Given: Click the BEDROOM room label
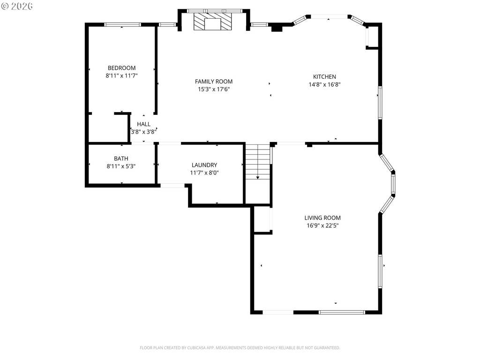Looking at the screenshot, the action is click(x=121, y=68).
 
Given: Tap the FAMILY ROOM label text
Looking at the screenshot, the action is click(x=214, y=82).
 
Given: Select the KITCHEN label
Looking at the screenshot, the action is click(x=324, y=77).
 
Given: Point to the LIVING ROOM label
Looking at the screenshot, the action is click(x=322, y=218).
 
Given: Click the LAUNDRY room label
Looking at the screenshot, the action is click(x=204, y=165).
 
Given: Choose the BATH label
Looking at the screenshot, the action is click(x=121, y=158).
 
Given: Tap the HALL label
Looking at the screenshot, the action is click(x=143, y=124).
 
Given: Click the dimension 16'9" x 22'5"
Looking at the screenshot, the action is click(x=322, y=226).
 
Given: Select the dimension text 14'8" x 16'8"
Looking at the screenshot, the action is click(x=324, y=85).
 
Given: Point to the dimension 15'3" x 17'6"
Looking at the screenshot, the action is click(x=214, y=90).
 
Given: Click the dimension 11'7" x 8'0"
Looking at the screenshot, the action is click(x=204, y=173).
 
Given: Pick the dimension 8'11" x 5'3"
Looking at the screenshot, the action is click(x=121, y=166).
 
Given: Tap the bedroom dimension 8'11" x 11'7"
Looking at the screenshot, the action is click(x=121, y=76).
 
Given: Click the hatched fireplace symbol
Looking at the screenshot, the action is click(x=213, y=22).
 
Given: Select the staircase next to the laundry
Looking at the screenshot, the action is click(x=258, y=162).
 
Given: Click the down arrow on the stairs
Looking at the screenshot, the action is click(x=258, y=178).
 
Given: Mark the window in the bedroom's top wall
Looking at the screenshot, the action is click(x=122, y=24).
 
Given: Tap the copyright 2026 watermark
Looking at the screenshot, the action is click(x=17, y=6).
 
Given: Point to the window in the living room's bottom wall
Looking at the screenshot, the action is click(x=342, y=312).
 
